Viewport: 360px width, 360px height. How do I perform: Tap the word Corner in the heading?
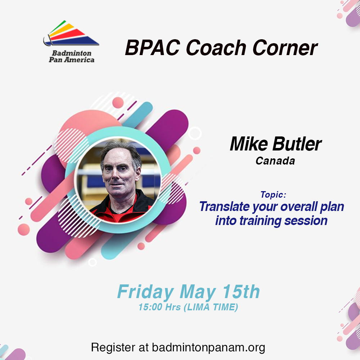[x=285, y=48]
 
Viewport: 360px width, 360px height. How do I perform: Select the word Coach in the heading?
[x=216, y=48]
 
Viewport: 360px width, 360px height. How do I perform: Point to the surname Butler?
[x=297, y=144]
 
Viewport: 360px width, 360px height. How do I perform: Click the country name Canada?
[x=275, y=161]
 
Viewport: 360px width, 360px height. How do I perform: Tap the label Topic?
[x=273, y=195]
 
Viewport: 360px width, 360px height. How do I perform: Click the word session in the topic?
[x=306, y=221]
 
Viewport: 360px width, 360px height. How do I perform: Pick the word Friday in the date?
[x=145, y=292]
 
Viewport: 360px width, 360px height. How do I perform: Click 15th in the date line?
[x=241, y=292]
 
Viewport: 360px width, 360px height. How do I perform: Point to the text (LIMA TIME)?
[x=211, y=307]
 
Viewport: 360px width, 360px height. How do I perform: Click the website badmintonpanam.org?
[x=208, y=347]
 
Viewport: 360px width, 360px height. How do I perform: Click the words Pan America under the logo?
[x=72, y=60]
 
